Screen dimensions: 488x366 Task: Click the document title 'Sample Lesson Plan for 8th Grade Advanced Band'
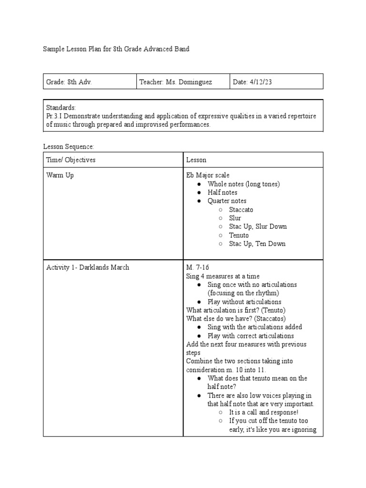point(116,49)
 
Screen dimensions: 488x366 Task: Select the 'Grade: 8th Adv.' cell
point(69,82)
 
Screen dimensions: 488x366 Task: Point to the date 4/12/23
point(260,82)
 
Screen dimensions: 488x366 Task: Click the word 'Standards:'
point(61,107)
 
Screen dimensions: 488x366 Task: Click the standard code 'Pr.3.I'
point(54,116)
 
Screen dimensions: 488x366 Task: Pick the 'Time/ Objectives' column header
point(71,160)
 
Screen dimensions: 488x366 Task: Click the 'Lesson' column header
point(196,160)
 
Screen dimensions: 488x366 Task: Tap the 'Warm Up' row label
point(60,175)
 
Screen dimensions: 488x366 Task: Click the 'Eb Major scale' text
point(208,175)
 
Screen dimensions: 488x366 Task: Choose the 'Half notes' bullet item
point(222,193)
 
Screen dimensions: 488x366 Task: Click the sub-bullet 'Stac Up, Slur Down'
point(258,226)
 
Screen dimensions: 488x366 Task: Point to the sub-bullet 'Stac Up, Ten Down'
point(257,244)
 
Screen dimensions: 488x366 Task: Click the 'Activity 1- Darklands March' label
point(88,267)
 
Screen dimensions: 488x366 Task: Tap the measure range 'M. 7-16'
point(198,267)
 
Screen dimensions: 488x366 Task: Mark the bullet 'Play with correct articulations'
point(251,336)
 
